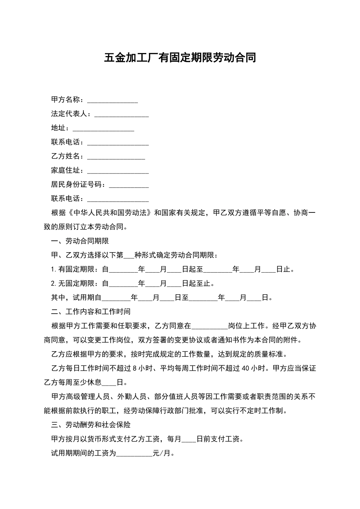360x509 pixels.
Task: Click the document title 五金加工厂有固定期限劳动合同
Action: pos(180,58)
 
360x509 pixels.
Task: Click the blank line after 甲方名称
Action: pos(113,100)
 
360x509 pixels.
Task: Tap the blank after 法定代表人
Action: pos(121,114)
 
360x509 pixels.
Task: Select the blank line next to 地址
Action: pos(103,128)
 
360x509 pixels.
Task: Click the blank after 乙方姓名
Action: pos(116,157)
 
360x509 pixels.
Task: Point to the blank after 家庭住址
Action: pos(118,171)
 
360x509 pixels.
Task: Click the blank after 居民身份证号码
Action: pos(128,185)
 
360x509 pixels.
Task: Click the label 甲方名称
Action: pos(66,100)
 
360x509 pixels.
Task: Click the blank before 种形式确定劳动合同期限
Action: pos(129,256)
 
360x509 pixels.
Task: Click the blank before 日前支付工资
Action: pos(189,440)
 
